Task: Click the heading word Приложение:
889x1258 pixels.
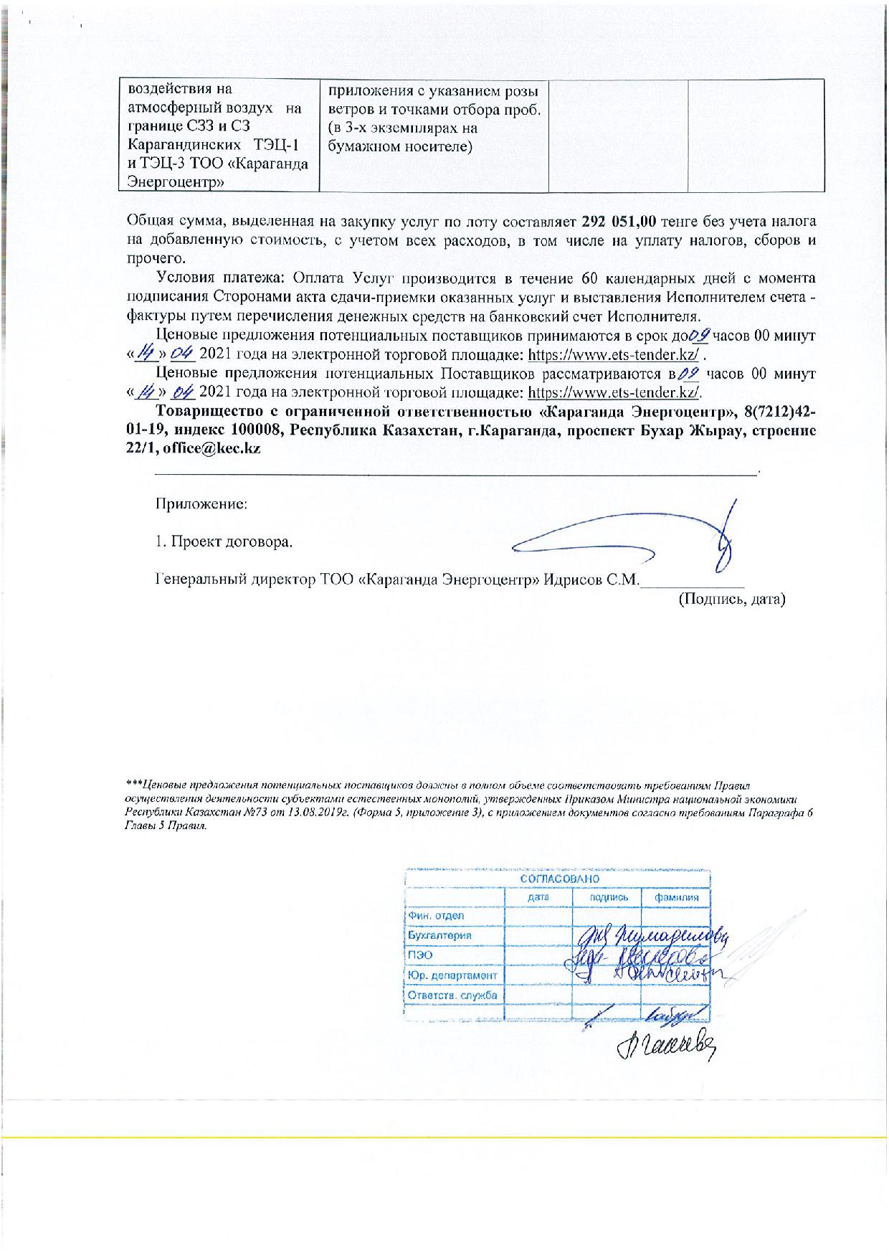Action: pyautogui.click(x=202, y=503)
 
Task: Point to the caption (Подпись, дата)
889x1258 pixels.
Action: pyautogui.click(x=732, y=598)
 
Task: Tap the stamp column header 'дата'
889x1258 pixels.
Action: pyautogui.click(x=538, y=897)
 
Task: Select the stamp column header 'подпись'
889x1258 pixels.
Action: pyautogui.click(x=609, y=897)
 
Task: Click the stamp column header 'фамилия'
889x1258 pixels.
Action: pyautogui.click(x=675, y=897)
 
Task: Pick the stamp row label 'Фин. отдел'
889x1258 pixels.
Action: pyautogui.click(x=435, y=916)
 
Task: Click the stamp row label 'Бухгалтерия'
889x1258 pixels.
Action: pyautogui.click(x=439, y=935)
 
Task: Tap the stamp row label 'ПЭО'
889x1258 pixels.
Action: pyautogui.click(x=420, y=955)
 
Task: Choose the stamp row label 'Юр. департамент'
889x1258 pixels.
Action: pyautogui.click(x=452, y=975)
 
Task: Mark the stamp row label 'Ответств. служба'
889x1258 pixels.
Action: pyautogui.click(x=452, y=995)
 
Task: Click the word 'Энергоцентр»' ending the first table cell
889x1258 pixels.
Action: pyautogui.click(x=175, y=182)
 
